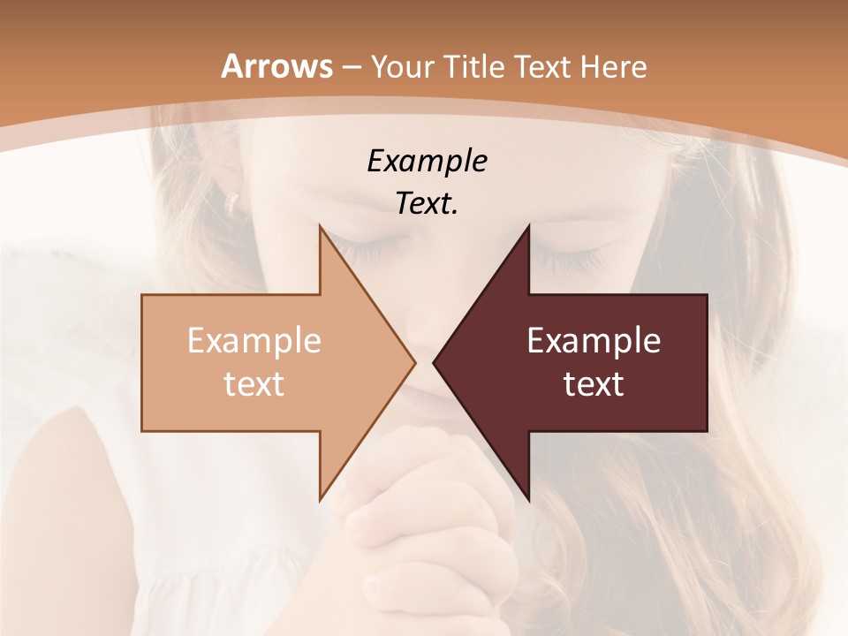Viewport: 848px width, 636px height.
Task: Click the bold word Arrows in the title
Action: (276, 66)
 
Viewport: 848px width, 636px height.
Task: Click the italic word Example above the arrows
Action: (427, 162)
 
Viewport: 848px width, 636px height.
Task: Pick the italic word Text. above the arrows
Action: (427, 204)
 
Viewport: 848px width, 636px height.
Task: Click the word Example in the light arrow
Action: (254, 341)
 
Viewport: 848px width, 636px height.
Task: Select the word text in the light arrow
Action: (254, 384)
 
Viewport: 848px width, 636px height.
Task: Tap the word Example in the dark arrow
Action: (594, 341)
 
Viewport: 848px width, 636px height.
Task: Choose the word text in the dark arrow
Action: (594, 384)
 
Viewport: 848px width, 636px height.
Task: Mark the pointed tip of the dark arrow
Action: (435, 362)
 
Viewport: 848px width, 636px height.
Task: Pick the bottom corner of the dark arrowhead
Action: (528, 499)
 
